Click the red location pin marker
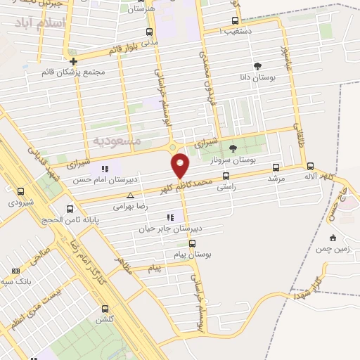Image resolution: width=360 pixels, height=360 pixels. [x=181, y=165]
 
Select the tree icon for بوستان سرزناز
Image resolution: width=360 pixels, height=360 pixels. [x=233, y=148]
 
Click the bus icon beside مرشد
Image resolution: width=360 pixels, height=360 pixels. [x=275, y=168]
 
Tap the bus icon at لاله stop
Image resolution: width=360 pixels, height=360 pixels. [x=310, y=167]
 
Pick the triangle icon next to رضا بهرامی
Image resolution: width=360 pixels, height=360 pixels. [x=130, y=196]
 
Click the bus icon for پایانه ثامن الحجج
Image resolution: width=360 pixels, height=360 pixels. [x=69, y=209]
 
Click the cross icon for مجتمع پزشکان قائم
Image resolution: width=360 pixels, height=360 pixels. [x=73, y=61]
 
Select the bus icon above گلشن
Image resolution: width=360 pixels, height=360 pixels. [x=105, y=309]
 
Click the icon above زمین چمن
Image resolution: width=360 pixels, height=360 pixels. [x=332, y=237]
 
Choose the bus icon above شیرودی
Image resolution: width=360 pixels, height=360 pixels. [x=20, y=191]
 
